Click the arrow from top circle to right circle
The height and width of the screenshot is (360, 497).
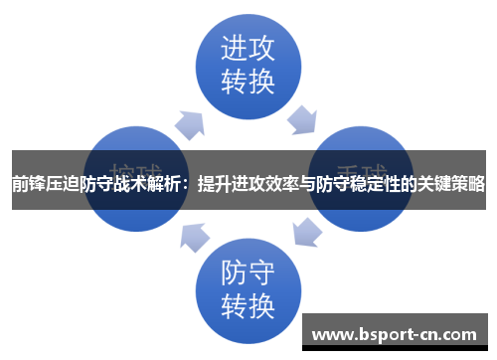(x=302, y=120)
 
